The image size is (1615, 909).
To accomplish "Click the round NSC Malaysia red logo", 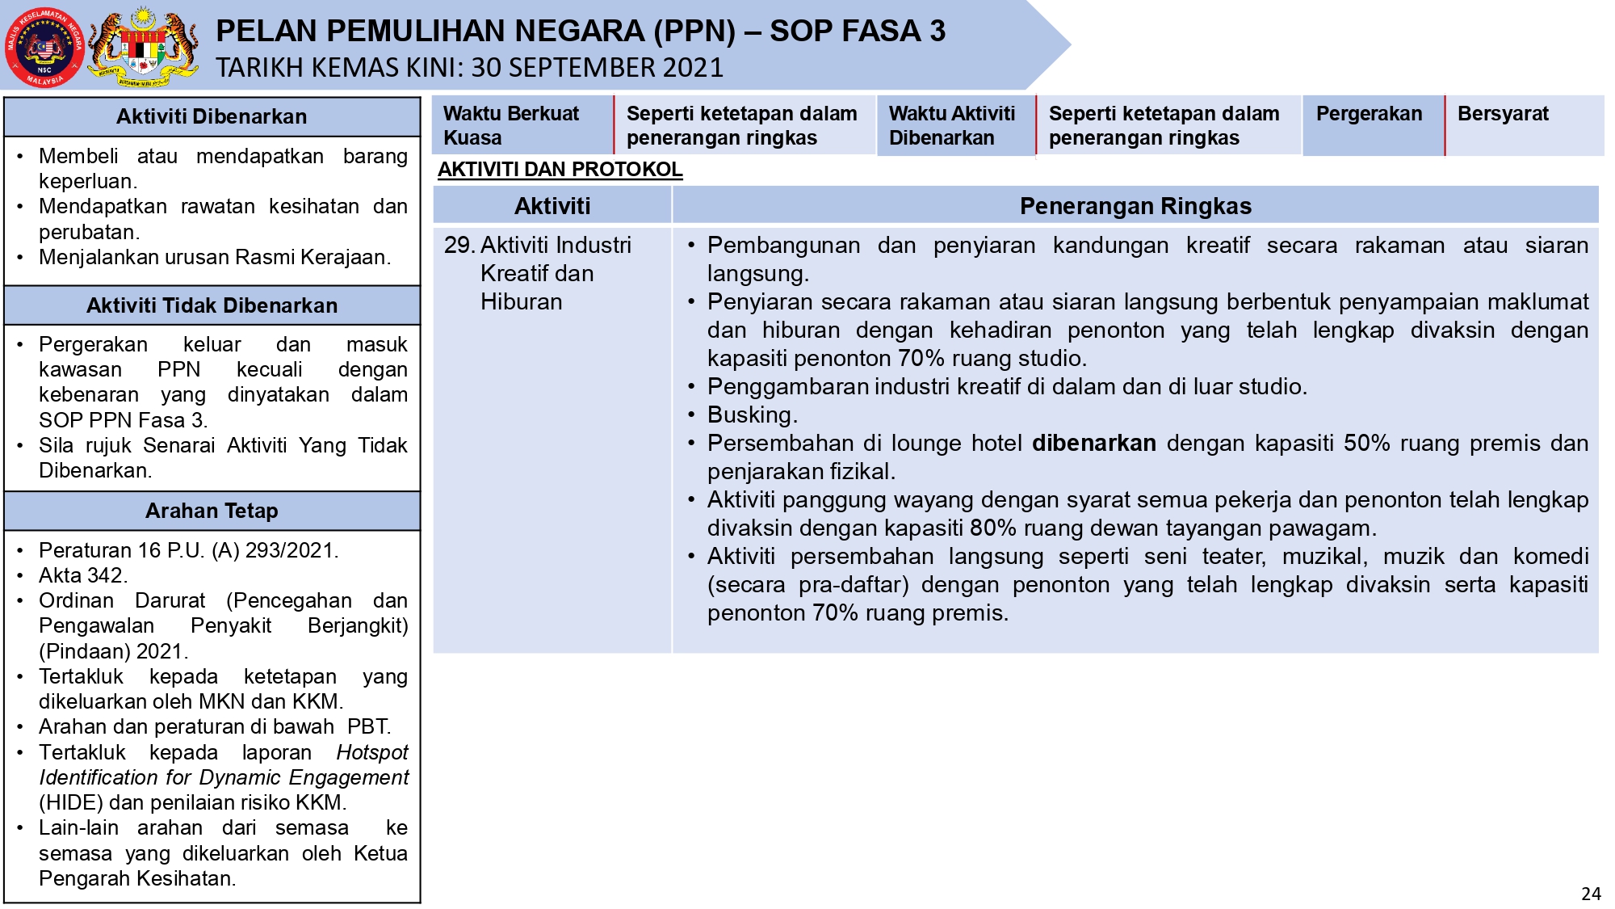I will (44, 47).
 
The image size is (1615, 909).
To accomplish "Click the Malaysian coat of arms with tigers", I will (144, 47).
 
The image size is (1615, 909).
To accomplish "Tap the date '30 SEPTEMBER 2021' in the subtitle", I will (597, 68).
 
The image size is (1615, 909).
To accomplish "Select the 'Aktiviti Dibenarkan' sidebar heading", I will (212, 117).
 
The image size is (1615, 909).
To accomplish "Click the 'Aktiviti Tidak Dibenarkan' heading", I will (212, 305).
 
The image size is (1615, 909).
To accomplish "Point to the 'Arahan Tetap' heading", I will (212, 511).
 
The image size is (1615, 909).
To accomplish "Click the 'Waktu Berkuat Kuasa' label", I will (510, 125).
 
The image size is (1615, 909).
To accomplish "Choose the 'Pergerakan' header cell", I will (1369, 114).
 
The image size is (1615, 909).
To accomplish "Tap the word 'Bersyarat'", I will (1503, 114).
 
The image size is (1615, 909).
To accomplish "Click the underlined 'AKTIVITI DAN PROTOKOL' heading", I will (560, 170).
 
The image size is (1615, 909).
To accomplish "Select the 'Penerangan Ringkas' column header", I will (1135, 206).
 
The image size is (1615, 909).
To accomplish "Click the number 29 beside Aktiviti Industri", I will (458, 245).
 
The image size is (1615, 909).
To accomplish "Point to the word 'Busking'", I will (751, 415).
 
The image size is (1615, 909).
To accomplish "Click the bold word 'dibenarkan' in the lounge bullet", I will (1093, 444).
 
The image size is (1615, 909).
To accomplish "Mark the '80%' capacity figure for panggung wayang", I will (992, 528).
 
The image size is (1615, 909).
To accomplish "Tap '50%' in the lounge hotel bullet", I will (1366, 444).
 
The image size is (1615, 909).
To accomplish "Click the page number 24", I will (1590, 894).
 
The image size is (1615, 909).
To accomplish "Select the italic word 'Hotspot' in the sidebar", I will (372, 752).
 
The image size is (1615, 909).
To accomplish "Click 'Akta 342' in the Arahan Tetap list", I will (82, 575).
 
